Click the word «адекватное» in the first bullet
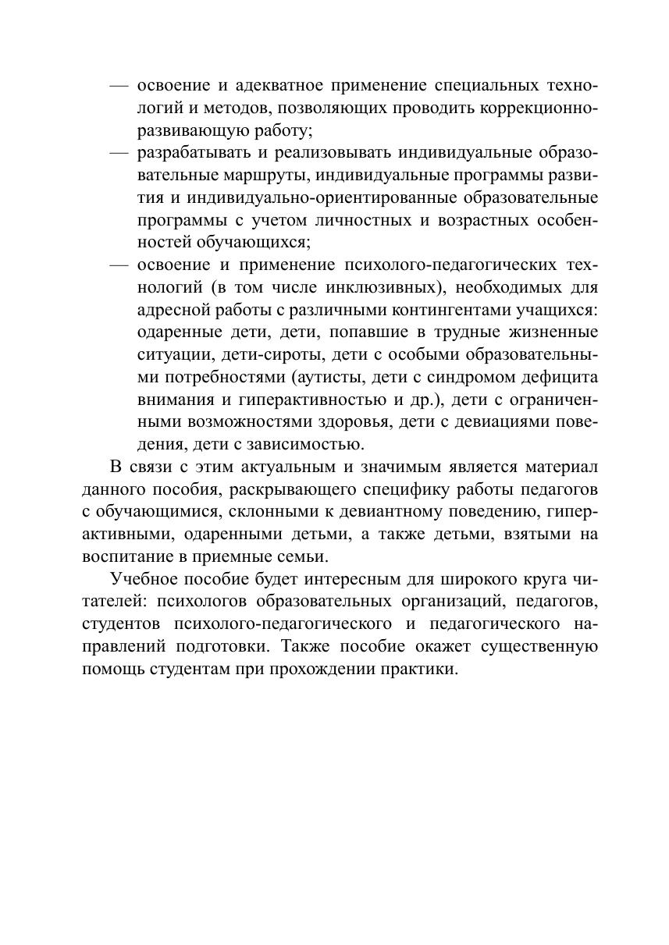tap(272, 85)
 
